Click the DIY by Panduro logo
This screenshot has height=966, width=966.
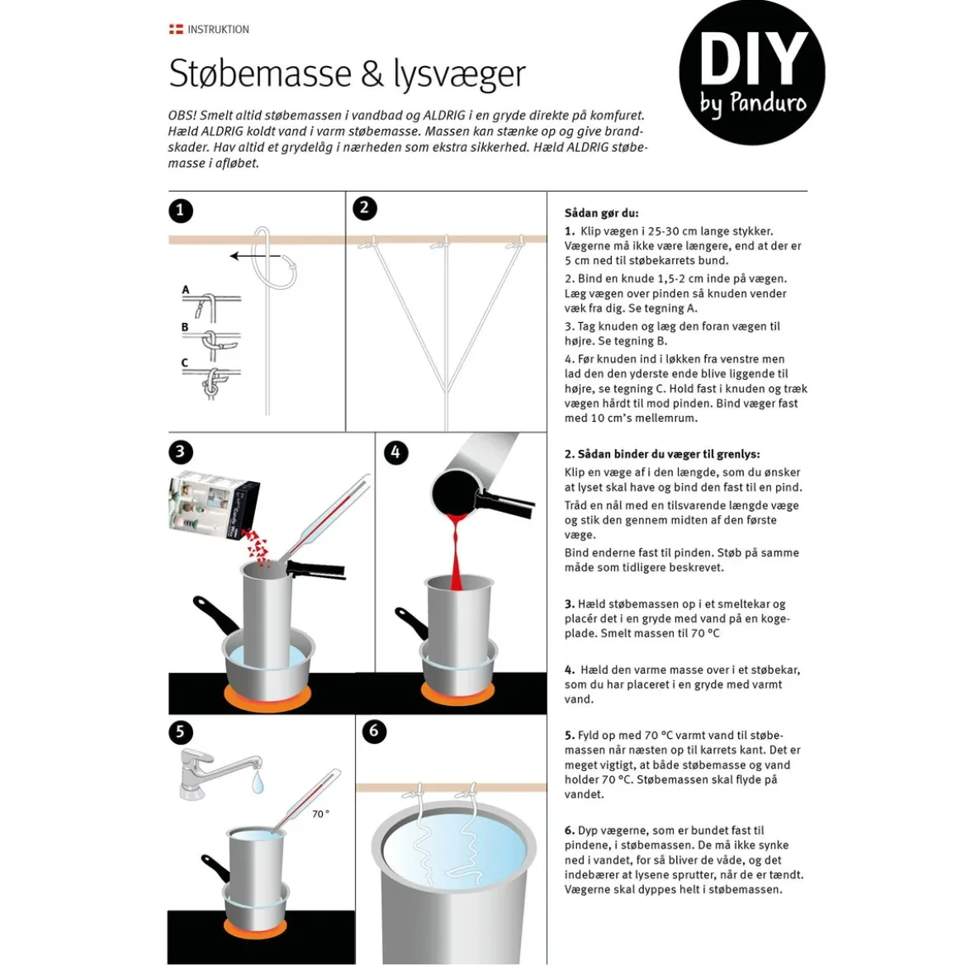[751, 73]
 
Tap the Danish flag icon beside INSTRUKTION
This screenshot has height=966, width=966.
[176, 29]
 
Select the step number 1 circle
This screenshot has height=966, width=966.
[181, 211]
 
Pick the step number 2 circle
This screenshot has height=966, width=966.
[365, 208]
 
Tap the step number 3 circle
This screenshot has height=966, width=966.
[181, 452]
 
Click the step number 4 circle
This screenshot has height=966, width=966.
[396, 452]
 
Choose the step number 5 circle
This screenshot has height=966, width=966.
[181, 732]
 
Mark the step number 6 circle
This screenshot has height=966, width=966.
[374, 732]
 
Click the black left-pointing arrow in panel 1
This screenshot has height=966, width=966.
[255, 256]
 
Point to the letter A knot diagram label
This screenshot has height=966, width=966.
[186, 290]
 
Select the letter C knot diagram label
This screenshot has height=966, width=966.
[184, 362]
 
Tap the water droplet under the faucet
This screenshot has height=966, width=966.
[258, 783]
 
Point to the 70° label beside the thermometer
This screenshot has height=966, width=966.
[320, 814]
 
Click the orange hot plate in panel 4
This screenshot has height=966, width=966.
[457, 693]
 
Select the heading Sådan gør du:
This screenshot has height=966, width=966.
[601, 213]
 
